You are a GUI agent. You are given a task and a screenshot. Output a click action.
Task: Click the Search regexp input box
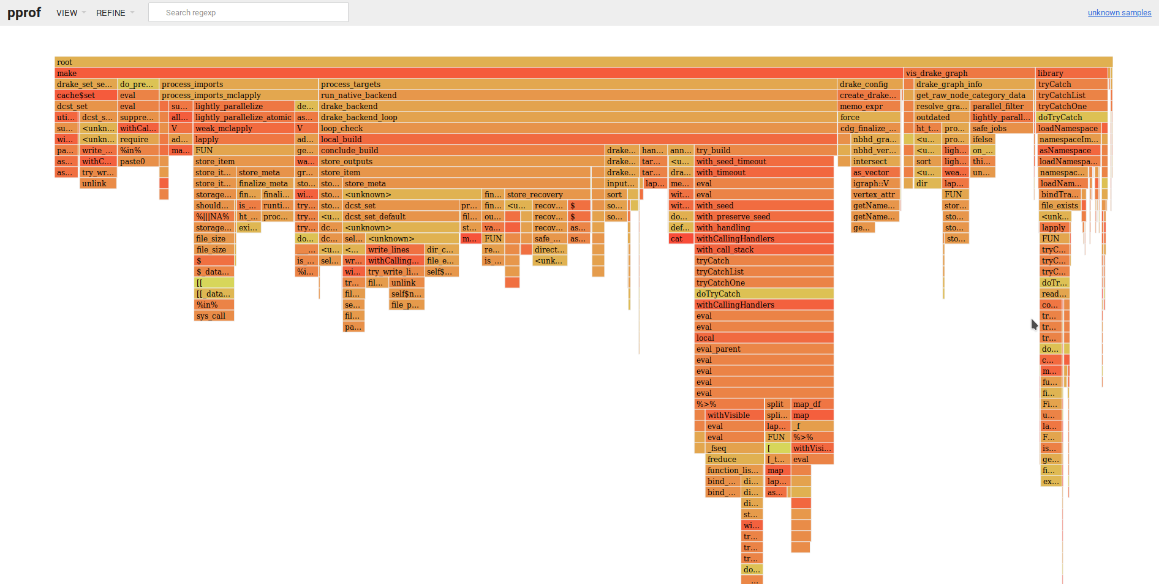[248, 12]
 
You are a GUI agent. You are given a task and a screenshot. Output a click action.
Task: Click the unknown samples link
[1119, 13]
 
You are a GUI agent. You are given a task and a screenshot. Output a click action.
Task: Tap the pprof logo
[24, 12]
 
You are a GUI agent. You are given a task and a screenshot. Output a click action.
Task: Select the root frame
[582, 62]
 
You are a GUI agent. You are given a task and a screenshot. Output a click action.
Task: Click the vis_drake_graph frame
[968, 73]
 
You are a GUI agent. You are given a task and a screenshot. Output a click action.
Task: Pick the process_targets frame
[576, 84]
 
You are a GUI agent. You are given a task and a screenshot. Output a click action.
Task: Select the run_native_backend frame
[576, 95]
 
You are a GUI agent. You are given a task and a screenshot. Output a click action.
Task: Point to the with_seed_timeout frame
[763, 161]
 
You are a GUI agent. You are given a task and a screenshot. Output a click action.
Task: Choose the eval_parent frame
[763, 349]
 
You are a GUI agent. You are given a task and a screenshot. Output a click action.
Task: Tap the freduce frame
[734, 459]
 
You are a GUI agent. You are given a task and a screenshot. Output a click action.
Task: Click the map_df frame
[812, 404]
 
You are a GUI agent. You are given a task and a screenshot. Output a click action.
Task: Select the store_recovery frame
[547, 194]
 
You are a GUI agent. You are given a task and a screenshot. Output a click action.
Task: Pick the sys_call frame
[214, 316]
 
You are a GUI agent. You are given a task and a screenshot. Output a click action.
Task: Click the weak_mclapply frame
[243, 128]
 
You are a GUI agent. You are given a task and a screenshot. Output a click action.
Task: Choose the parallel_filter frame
[1001, 106]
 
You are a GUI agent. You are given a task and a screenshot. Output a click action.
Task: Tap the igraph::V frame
[875, 183]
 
